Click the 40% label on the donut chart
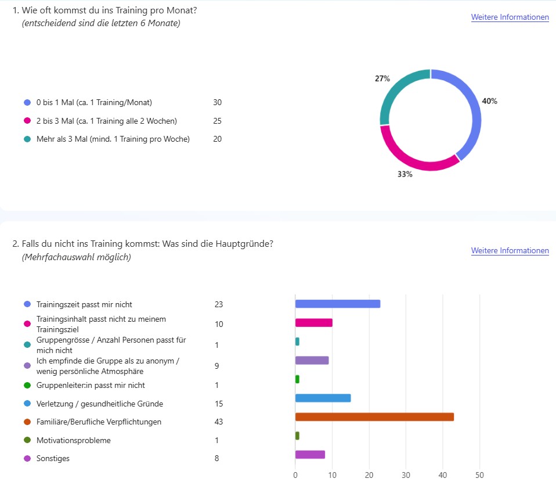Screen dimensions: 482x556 [489, 101]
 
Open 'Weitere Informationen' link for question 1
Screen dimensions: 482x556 [510, 17]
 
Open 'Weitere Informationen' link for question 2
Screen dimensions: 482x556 [510, 251]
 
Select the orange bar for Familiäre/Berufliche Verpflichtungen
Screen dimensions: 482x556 [374, 417]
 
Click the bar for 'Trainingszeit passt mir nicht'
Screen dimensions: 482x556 [337, 304]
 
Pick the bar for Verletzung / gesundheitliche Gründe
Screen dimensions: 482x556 [323, 398]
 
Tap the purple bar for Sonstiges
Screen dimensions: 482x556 [310, 455]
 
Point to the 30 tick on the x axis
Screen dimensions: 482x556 [406, 474]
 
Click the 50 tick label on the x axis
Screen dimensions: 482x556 [479, 474]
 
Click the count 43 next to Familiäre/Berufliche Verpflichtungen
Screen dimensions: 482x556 [218, 422]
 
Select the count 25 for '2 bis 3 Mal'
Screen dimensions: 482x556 [217, 121]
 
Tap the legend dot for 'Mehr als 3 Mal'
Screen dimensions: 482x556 [27, 139]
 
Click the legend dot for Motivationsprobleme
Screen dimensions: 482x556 [27, 440]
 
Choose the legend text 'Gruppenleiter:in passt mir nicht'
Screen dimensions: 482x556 [91, 385]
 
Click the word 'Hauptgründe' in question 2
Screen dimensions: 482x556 [246, 244]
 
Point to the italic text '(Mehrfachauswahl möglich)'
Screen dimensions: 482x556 [76, 257]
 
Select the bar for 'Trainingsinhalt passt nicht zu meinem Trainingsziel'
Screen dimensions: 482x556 [313, 323]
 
